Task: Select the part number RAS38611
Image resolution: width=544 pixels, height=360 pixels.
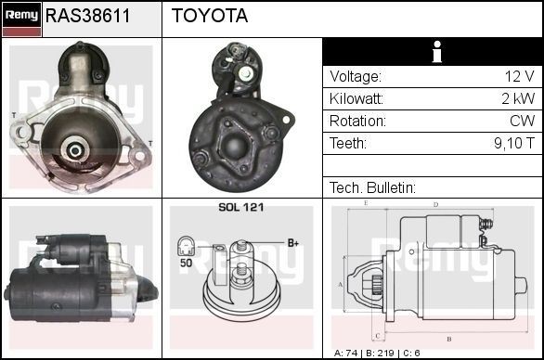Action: [x=88, y=17]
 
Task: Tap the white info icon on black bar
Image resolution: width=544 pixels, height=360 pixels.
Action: [x=432, y=52]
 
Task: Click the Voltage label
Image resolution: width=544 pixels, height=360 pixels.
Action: [x=356, y=77]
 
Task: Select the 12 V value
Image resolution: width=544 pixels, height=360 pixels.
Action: [x=519, y=77]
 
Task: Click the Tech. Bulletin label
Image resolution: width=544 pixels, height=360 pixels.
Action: [x=372, y=187]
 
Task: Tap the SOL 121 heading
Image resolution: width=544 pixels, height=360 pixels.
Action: [x=240, y=208]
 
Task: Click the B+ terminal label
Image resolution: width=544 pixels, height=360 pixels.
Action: [x=293, y=243]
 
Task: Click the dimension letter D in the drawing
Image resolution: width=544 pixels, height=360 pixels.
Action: [x=436, y=204]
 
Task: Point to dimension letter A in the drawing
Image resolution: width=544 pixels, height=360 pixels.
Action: [x=341, y=284]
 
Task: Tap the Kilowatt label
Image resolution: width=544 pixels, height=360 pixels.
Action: [x=357, y=99]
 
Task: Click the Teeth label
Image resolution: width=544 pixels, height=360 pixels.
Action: [x=348, y=144]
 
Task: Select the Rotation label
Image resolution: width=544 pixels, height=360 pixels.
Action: [x=356, y=122]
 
